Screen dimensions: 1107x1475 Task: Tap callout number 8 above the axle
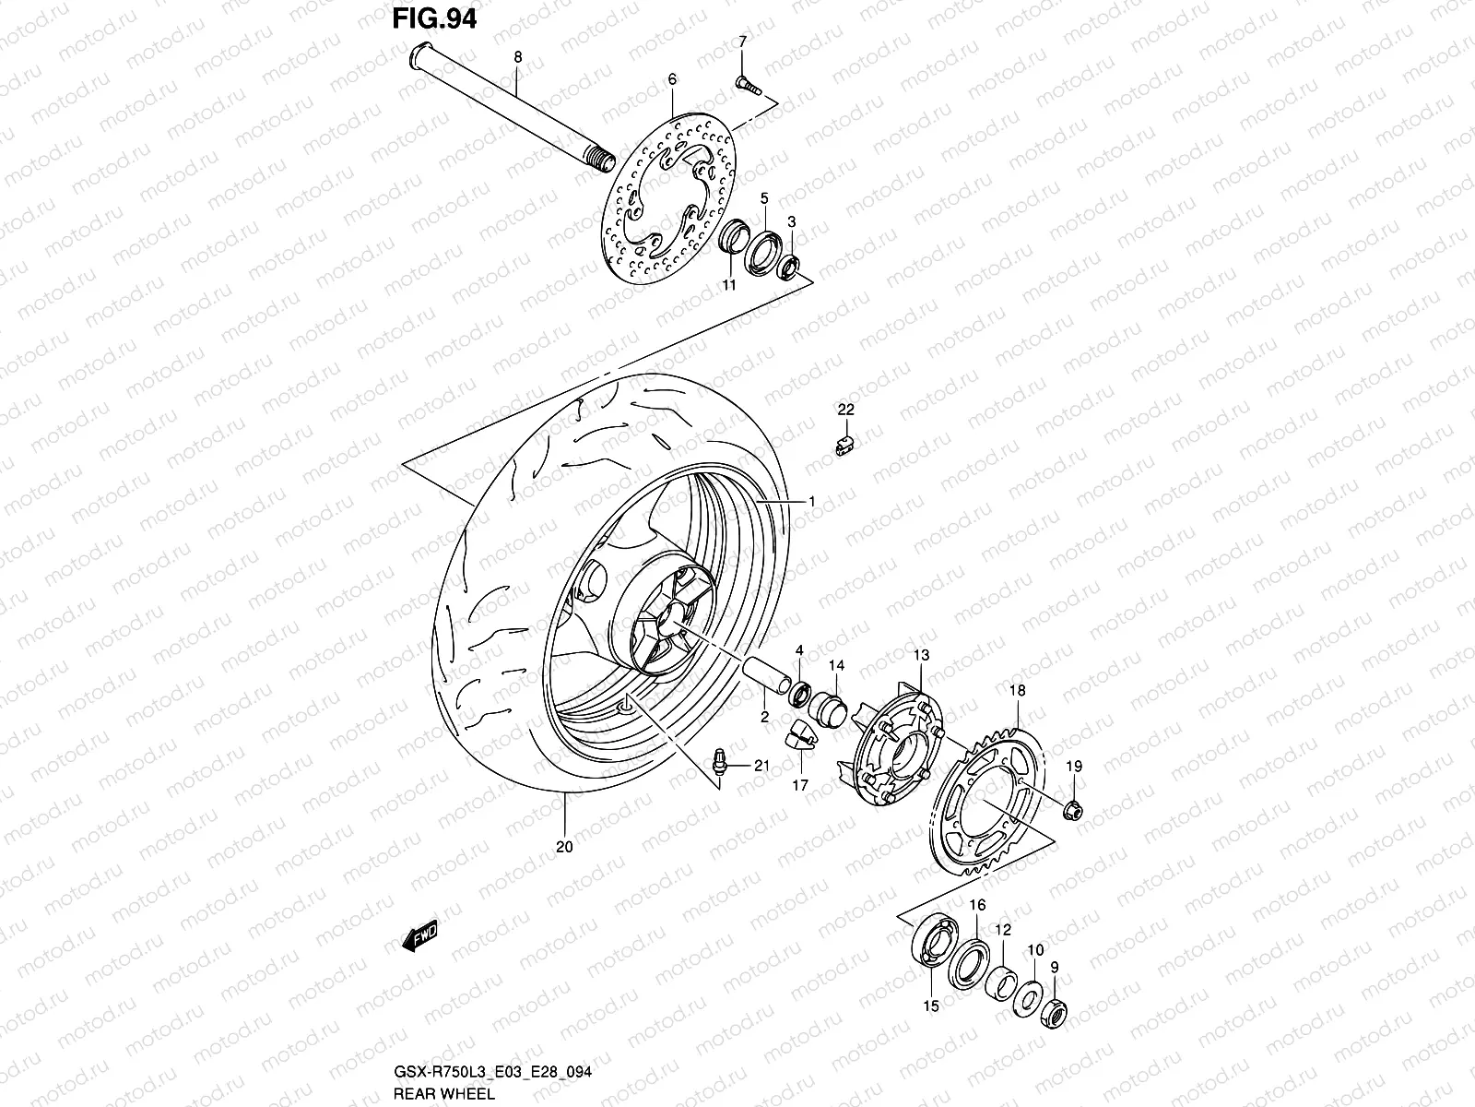click(x=517, y=57)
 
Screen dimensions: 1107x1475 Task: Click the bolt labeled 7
click(x=746, y=85)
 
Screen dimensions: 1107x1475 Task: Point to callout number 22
click(x=845, y=410)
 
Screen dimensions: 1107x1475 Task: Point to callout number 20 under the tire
click(x=564, y=847)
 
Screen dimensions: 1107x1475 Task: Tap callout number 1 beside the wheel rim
click(x=811, y=501)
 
